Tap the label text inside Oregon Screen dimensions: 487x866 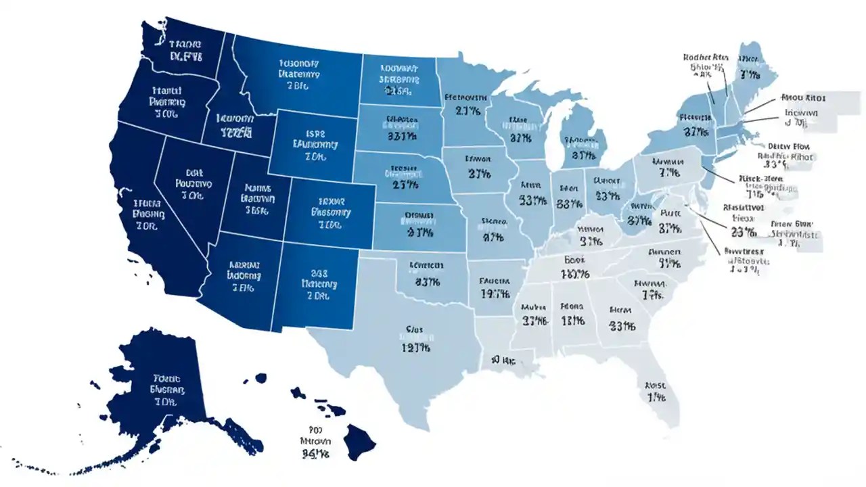pyautogui.click(x=166, y=102)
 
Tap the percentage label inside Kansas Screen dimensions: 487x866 pyautogui.click(x=419, y=232)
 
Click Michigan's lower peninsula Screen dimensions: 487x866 pyautogui.click(x=582, y=149)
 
